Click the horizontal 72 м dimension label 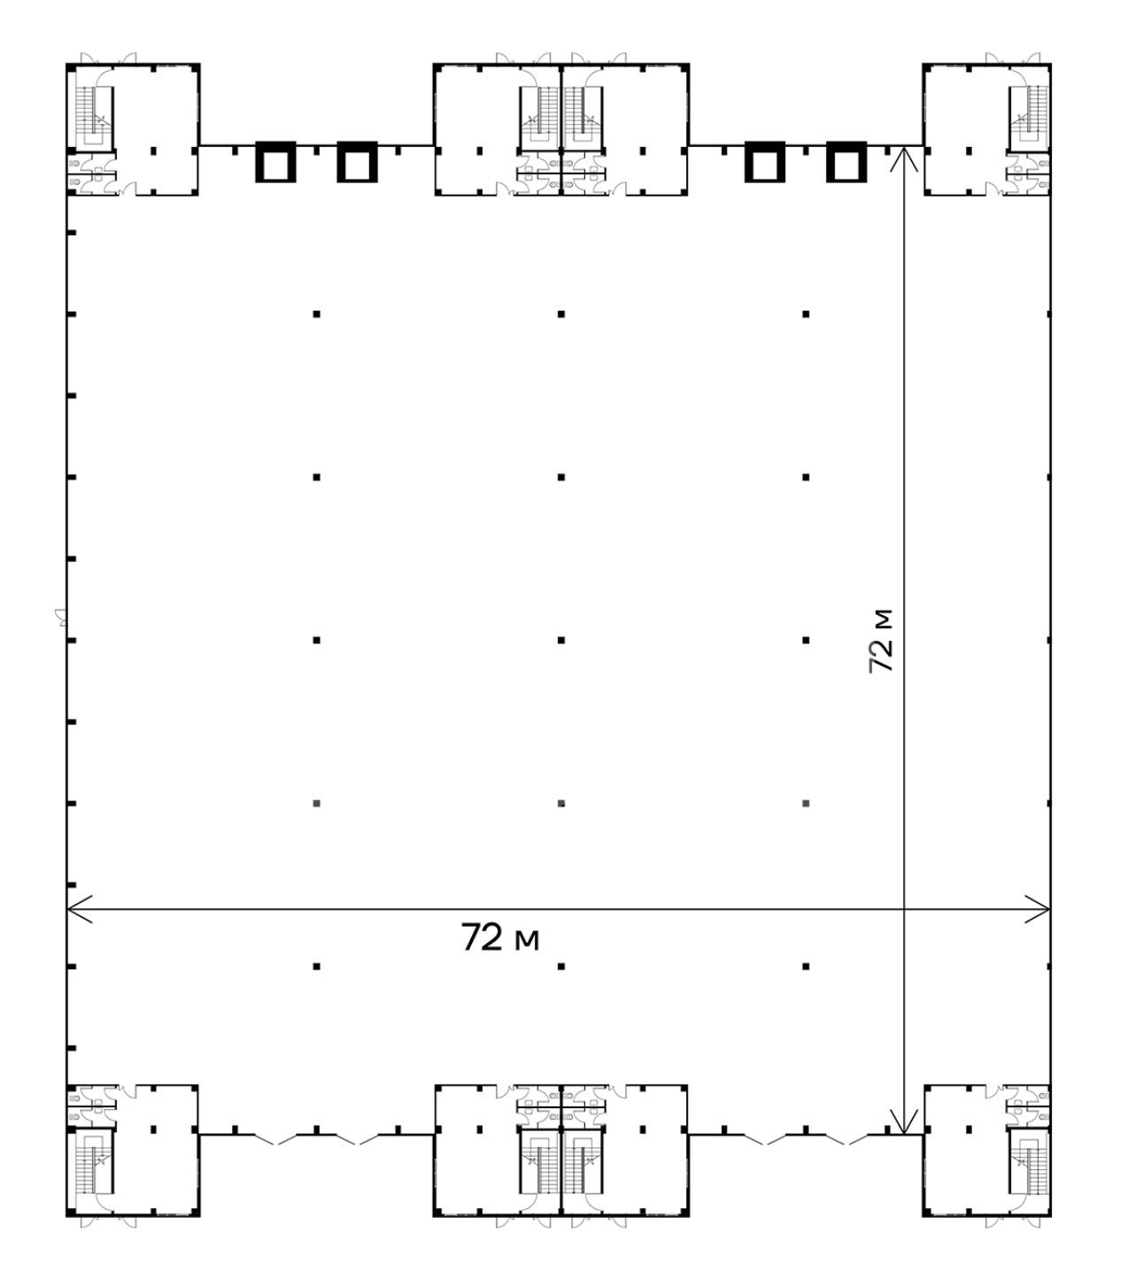[499, 937]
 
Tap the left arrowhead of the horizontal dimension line [79, 908]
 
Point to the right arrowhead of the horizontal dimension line [1037, 908]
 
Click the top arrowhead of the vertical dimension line [903, 158]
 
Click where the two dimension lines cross [903, 908]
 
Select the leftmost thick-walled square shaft [275, 162]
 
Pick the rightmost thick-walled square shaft [846, 162]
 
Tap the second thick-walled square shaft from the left [357, 162]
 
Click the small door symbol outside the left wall [60, 617]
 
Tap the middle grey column [561, 803]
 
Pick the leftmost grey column [316, 803]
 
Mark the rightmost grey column [806, 803]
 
